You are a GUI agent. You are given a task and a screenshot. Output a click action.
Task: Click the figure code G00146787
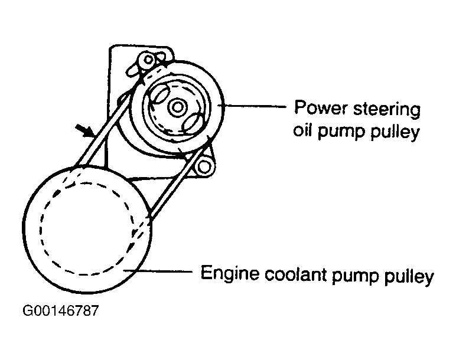click(x=60, y=311)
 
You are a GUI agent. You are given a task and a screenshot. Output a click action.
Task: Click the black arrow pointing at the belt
click(x=83, y=129)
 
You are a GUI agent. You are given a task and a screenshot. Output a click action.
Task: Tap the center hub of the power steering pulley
click(x=177, y=108)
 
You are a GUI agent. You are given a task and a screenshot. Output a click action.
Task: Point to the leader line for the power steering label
click(x=254, y=106)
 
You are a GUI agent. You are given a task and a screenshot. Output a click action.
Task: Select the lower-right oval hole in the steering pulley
click(x=194, y=124)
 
